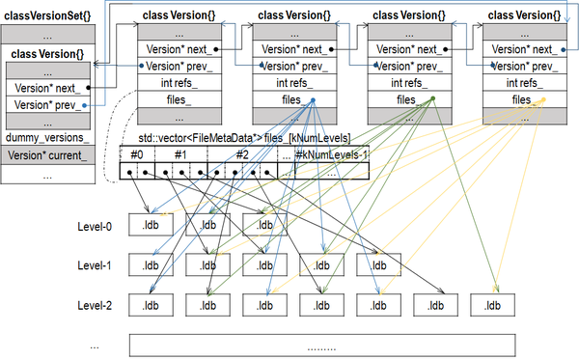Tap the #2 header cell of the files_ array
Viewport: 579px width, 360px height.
[241, 153]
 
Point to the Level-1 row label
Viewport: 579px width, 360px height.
[97, 265]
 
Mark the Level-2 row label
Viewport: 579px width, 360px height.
[97, 305]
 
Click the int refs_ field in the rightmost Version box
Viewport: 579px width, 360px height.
[520, 83]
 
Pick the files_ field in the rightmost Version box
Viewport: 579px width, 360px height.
[520, 99]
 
